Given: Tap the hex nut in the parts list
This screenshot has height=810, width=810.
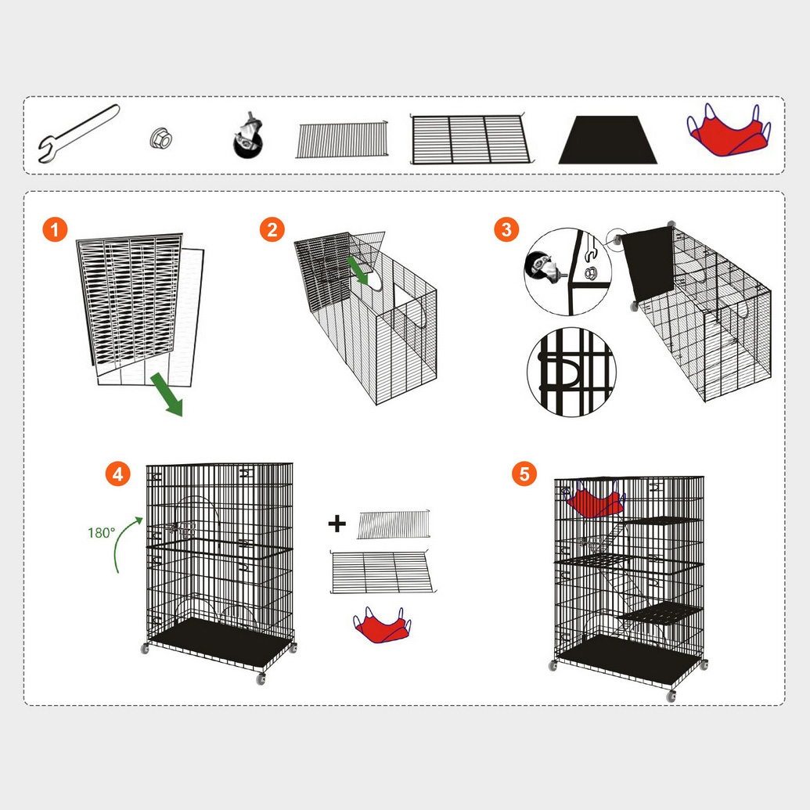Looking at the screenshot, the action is click(161, 139).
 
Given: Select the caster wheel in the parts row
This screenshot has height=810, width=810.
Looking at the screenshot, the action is click(248, 135).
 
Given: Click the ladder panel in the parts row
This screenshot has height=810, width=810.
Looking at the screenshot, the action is click(342, 139).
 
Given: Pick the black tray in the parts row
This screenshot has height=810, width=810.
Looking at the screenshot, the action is click(607, 139).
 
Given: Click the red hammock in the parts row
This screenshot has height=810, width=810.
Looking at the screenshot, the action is click(729, 130).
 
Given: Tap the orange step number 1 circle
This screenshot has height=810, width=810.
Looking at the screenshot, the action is click(55, 229).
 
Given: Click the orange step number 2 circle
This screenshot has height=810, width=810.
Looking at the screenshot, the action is click(272, 229).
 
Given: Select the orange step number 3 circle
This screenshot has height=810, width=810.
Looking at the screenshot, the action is click(506, 229).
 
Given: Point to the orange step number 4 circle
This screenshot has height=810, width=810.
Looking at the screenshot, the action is click(117, 473).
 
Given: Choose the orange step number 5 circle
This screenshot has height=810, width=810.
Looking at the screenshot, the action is click(524, 473).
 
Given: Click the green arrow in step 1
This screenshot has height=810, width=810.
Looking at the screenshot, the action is click(167, 394).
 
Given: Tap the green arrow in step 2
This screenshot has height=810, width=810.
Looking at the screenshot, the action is click(358, 270).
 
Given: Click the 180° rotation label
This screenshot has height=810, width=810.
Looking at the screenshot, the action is click(101, 533).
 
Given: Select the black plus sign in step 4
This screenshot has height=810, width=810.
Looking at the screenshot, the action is click(337, 524).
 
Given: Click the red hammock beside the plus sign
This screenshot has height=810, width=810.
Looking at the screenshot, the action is click(382, 625).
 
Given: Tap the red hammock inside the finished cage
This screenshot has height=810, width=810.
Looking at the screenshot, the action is click(595, 500).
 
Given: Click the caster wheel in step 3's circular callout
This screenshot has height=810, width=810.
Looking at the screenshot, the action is click(542, 267).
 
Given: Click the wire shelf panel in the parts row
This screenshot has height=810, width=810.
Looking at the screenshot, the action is click(470, 139).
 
